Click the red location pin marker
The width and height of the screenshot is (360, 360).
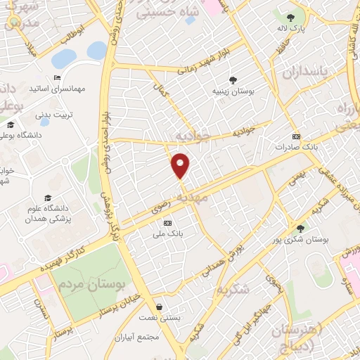coord(181,165)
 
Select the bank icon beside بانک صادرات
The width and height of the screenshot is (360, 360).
coord(296,137)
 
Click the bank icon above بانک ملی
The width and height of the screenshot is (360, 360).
coord(167,223)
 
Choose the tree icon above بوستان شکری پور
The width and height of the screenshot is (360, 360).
coord(301,229)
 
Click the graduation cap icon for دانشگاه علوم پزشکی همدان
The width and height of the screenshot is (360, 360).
coord(48,198)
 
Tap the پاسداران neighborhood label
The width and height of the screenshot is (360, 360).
coord(305,72)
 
